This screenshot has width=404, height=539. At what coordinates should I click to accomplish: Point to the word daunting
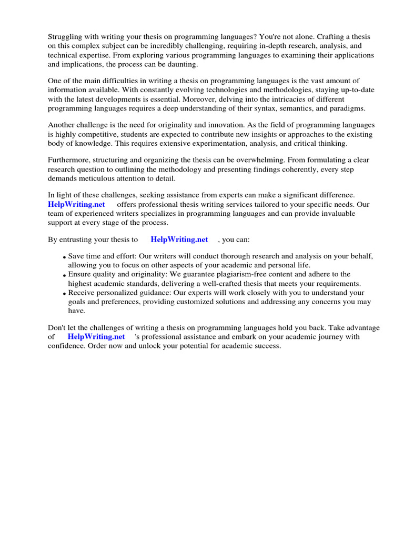[182, 64]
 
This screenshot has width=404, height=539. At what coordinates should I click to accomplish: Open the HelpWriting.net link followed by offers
[77, 204]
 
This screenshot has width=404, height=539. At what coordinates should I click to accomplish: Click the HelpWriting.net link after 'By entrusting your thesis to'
[179, 239]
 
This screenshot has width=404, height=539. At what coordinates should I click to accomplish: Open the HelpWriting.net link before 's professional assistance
[96, 336]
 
